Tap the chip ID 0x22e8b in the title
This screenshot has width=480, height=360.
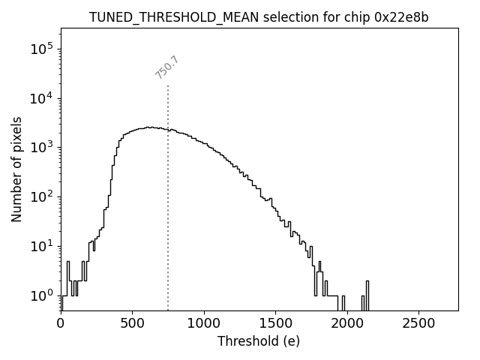click(401, 17)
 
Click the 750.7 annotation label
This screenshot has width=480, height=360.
click(166, 67)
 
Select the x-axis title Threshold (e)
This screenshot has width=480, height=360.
click(259, 341)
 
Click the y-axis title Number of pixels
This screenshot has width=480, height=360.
click(16, 169)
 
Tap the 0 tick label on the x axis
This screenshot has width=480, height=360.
click(61, 323)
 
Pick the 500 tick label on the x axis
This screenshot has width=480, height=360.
click(132, 323)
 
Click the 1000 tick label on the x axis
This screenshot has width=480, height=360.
click(203, 323)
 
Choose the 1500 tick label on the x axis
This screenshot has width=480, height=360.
click(275, 323)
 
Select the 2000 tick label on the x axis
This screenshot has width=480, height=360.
click(346, 323)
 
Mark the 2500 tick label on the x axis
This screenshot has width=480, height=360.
click(418, 323)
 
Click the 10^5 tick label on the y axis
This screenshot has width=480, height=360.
click(40, 49)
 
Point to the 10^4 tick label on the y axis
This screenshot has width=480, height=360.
click(40, 98)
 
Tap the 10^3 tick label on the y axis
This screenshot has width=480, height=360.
click(40, 148)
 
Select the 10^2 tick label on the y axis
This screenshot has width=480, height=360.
click(40, 197)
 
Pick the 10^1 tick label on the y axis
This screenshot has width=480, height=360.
click(40, 247)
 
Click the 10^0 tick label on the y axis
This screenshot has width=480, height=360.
click(40, 296)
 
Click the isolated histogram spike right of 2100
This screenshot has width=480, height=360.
click(367, 289)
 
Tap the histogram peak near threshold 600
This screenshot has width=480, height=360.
click(148, 127)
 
